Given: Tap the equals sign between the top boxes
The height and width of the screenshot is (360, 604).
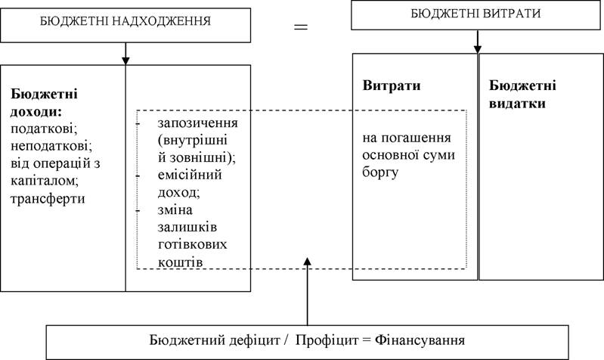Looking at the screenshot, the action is (301, 26).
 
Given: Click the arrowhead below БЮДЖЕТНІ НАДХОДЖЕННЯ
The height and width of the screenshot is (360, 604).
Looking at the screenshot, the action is (125, 61).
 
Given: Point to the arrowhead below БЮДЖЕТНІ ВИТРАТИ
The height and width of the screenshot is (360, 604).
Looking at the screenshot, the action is (478, 49).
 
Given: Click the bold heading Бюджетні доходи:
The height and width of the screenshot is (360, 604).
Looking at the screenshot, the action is (44, 103).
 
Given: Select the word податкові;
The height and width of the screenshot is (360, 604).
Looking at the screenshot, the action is (44, 129).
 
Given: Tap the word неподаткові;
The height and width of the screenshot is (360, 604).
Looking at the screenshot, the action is (51, 146).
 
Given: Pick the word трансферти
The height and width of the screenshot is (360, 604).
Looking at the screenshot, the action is (48, 199).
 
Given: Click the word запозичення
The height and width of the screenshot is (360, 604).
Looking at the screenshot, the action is (197, 123).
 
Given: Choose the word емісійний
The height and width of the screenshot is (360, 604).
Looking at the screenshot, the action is (190, 175).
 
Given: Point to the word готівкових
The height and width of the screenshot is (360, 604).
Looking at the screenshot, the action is (192, 244).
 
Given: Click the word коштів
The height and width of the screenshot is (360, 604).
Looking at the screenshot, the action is (180, 262).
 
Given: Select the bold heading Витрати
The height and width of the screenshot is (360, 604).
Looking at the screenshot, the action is (392, 85).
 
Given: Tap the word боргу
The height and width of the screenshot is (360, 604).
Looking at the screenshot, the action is (380, 172).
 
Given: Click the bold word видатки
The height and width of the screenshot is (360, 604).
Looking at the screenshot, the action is (517, 104).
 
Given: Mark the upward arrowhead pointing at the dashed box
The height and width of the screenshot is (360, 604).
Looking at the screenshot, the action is (308, 262).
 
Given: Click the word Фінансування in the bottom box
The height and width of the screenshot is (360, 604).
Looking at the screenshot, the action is (420, 340).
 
